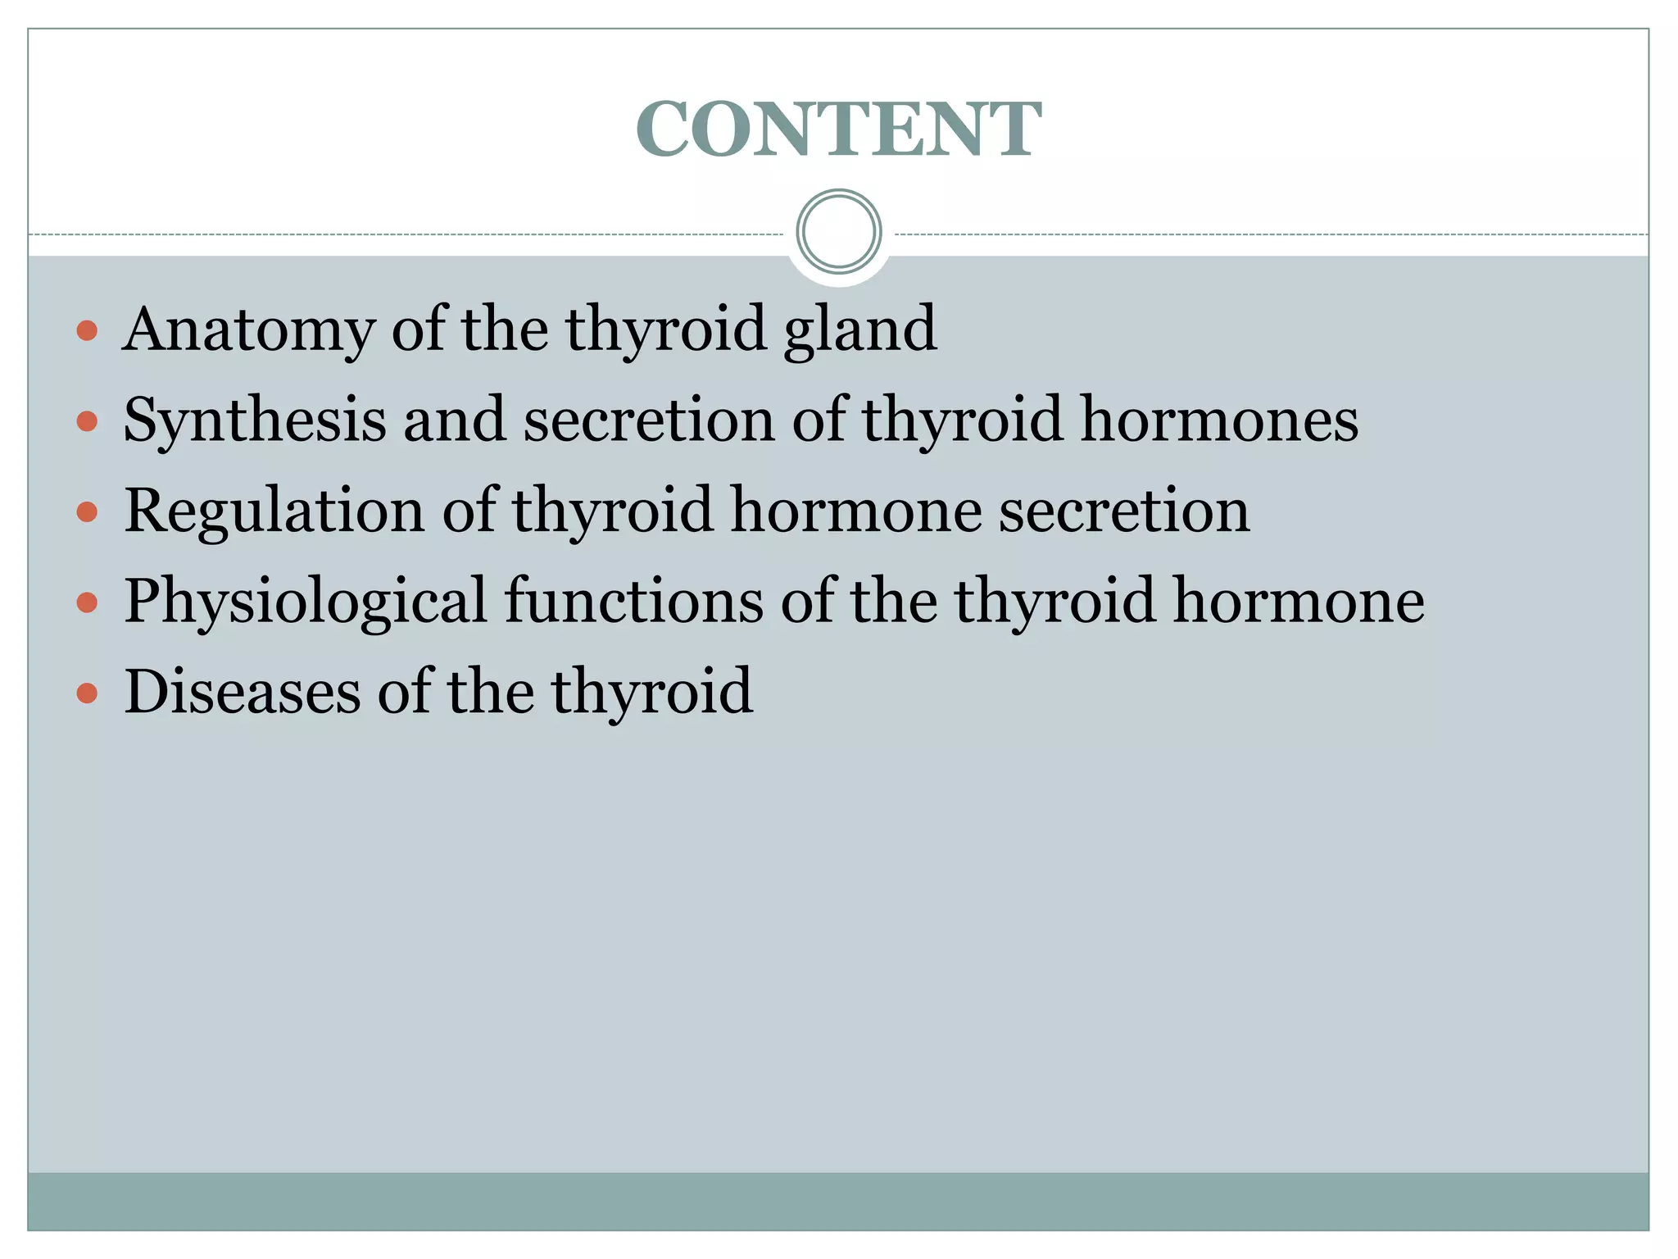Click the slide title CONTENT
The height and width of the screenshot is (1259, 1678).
pos(838,129)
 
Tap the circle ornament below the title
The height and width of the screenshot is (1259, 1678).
pos(839,232)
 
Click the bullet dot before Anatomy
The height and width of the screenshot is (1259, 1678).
pos(87,331)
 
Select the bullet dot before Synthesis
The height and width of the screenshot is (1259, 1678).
pos(87,422)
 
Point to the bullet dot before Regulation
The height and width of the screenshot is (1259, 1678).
pos(87,513)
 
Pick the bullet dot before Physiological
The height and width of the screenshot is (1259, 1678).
pos(87,604)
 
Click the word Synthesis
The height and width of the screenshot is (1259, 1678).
pos(254,420)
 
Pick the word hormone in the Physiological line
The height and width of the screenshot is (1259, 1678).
pos(1299,602)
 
